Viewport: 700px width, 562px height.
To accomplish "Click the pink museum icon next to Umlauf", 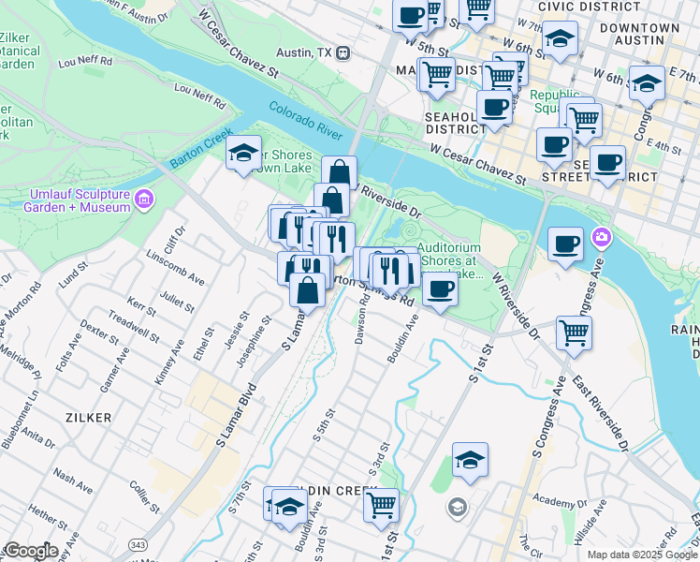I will point(143,200).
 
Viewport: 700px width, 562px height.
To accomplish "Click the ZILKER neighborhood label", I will point(88,416).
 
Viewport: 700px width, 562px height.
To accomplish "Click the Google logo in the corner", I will point(32,552).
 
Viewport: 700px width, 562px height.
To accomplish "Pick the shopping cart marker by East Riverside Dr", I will point(573,332).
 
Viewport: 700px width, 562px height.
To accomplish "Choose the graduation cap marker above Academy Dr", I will point(469,459).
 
